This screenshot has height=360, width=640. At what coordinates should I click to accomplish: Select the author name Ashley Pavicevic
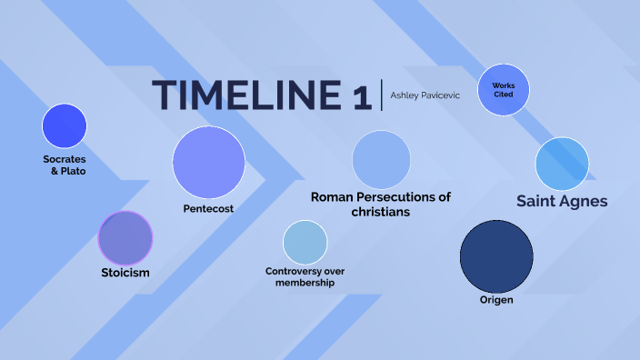click(x=425, y=95)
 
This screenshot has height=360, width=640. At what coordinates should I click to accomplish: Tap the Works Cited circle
click(x=504, y=90)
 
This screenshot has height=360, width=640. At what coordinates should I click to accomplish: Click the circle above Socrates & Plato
click(x=65, y=126)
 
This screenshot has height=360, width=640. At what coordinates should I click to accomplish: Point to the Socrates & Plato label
click(x=65, y=165)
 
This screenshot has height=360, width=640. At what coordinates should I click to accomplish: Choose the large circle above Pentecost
click(x=209, y=163)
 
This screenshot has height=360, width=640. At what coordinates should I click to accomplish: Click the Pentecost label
click(x=209, y=208)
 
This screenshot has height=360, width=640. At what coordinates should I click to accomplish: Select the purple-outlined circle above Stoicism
click(x=125, y=238)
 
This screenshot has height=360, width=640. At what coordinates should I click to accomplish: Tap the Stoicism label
click(x=125, y=272)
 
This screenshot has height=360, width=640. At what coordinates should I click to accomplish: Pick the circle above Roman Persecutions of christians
click(x=381, y=159)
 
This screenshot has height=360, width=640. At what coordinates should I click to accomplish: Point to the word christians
click(x=381, y=212)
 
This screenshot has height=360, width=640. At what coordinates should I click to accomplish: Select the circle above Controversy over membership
click(x=305, y=243)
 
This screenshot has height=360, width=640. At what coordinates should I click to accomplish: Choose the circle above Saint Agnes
click(x=562, y=164)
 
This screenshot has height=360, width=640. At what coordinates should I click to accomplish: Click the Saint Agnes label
click(x=562, y=201)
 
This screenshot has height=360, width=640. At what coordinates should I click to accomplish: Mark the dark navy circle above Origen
click(x=496, y=255)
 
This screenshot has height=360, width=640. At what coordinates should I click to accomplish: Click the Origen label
click(x=496, y=299)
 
